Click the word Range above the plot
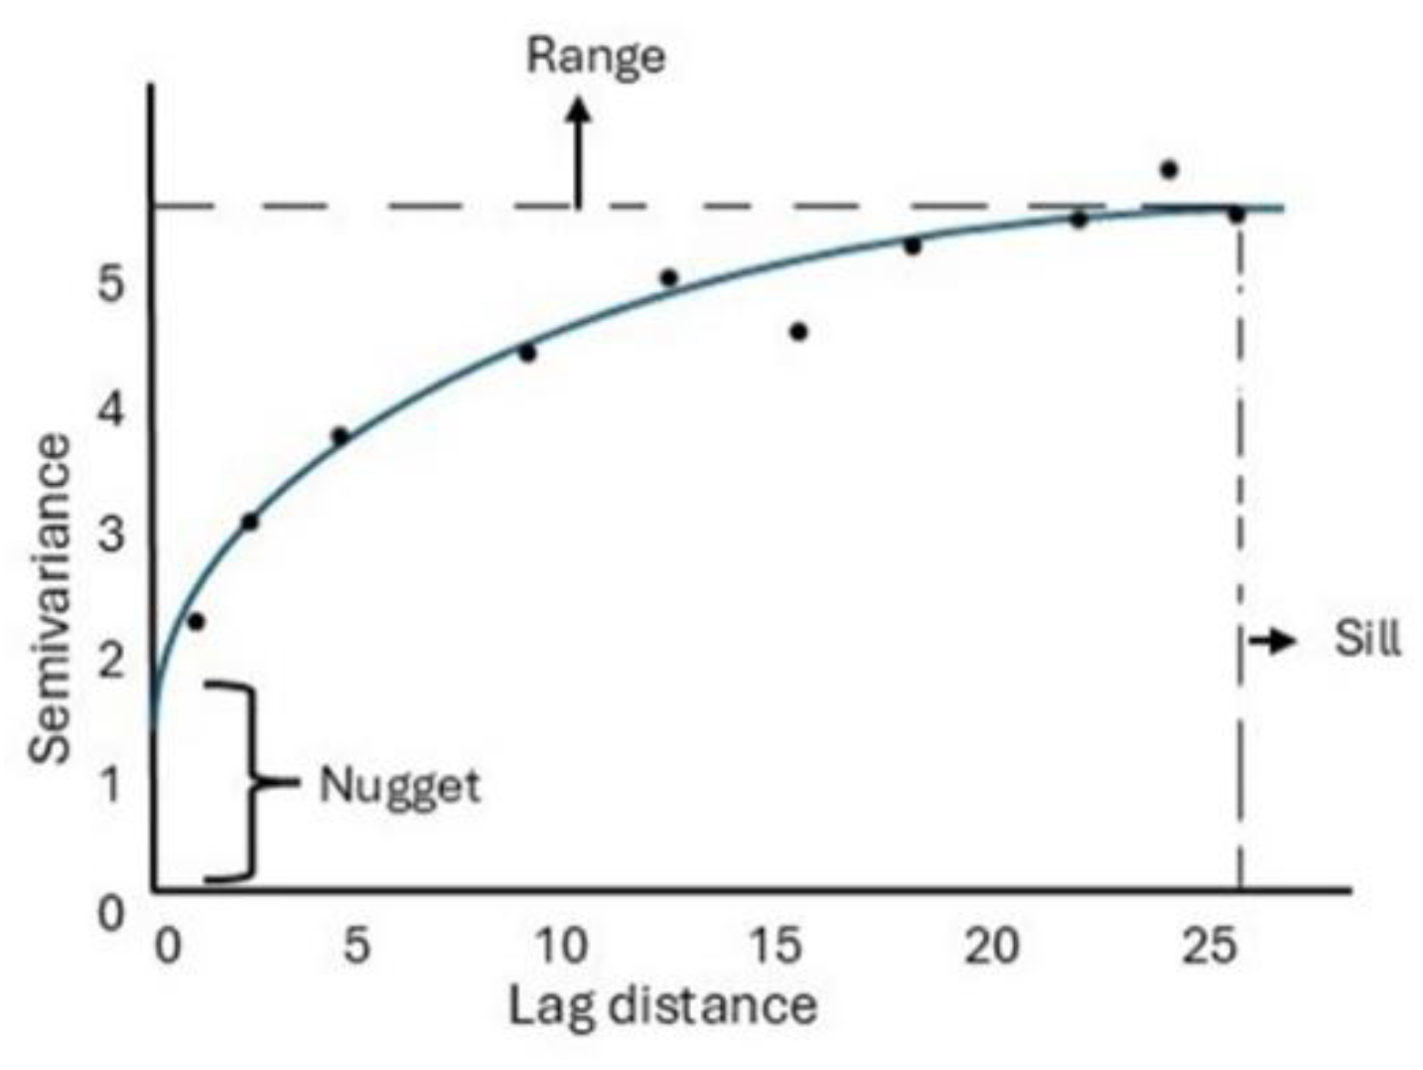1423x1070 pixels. click(595, 57)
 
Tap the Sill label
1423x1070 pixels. click(1367, 639)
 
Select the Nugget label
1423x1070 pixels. click(399, 786)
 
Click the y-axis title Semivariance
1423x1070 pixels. click(51, 599)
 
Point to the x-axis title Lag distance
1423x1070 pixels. click(662, 1005)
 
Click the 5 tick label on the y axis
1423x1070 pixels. click(111, 285)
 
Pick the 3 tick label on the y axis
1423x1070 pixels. click(111, 534)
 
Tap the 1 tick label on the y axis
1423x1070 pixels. click(111, 784)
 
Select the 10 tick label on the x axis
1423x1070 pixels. click(561, 945)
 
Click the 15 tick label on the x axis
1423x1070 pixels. click(776, 945)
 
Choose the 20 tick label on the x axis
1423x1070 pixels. click(991, 945)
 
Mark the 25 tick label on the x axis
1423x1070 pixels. click(1209, 945)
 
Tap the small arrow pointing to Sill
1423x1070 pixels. click(1274, 641)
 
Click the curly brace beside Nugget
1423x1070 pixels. click(243, 782)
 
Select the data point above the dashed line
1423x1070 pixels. click(1169, 170)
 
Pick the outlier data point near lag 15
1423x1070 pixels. click(798, 332)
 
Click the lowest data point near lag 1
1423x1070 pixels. click(196, 622)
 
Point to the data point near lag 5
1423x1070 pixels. click(340, 435)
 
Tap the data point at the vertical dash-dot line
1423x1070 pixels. click(1236, 214)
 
